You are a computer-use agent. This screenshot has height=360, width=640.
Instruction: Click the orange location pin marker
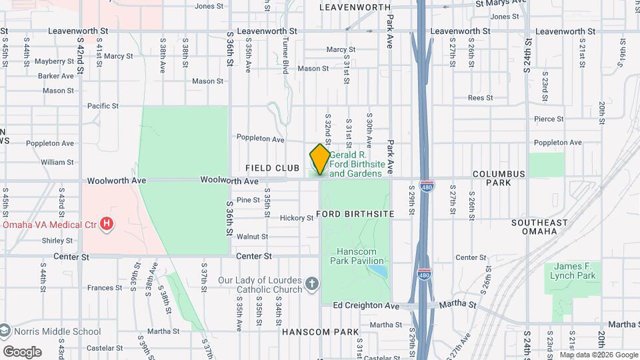[320, 159]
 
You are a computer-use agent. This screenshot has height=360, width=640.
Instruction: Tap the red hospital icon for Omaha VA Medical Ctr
[106, 224]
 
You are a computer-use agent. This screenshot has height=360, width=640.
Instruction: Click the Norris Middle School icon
[5, 331]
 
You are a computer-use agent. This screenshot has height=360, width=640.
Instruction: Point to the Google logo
[22, 352]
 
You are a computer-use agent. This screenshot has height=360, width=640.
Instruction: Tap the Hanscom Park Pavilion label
[360, 257]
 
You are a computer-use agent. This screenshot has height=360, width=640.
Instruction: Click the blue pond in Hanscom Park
[379, 272]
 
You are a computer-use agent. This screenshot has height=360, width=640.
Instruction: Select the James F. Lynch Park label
[573, 271]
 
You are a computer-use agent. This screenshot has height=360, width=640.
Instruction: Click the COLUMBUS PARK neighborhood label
[499, 178]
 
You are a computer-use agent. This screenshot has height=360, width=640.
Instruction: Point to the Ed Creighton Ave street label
[366, 305]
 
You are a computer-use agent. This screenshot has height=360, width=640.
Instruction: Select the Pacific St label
[103, 106]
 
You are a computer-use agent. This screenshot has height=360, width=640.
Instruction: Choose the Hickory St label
[297, 218]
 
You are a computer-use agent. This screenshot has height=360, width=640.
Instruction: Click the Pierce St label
[549, 119]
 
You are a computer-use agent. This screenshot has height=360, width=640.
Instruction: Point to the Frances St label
[105, 288]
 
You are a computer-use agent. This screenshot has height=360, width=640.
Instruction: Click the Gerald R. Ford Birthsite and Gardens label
[356, 163]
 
